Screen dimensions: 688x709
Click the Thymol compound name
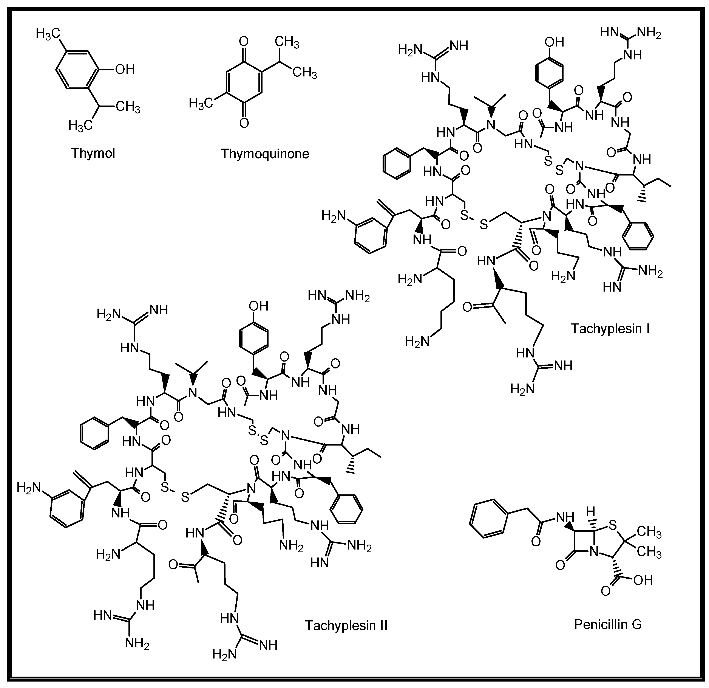[93, 153]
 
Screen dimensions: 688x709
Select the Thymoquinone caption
[265, 154]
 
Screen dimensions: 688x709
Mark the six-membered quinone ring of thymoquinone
[244, 82]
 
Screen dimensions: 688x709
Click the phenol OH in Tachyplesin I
[554, 42]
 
